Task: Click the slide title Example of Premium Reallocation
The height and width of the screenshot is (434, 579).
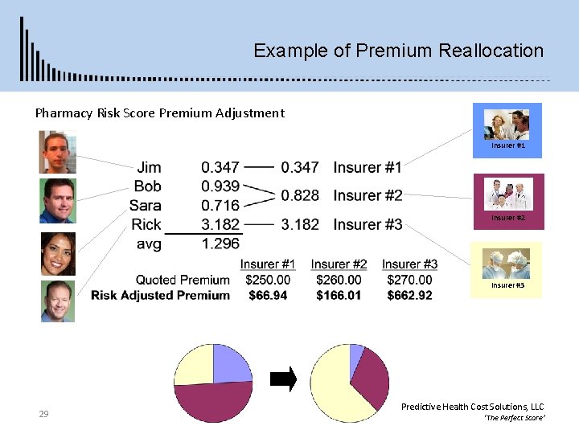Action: tap(398, 51)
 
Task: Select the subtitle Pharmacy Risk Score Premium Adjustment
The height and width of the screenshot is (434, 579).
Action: tap(159, 113)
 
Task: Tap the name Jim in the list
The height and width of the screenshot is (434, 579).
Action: tap(149, 167)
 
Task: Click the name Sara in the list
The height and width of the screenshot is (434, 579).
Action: tap(145, 205)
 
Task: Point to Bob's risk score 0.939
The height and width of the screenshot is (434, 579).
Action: tap(220, 186)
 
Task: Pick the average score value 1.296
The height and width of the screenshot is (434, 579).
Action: tap(220, 243)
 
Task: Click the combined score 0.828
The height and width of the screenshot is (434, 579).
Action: tap(300, 195)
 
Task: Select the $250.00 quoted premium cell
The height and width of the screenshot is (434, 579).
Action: tap(268, 280)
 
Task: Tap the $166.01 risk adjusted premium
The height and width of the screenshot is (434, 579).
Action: tap(339, 295)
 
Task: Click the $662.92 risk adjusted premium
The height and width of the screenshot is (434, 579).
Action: tap(409, 295)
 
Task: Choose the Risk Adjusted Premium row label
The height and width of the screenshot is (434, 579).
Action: tap(160, 295)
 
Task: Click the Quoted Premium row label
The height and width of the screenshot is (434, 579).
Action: tap(183, 280)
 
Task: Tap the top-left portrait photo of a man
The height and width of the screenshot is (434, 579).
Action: tap(58, 152)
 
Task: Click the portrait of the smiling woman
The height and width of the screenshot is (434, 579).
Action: tap(58, 254)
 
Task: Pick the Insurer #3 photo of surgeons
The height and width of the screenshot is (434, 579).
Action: tap(506, 265)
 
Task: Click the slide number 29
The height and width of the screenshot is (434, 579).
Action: tap(44, 414)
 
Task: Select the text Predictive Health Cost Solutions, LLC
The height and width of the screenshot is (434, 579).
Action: tap(472, 407)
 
